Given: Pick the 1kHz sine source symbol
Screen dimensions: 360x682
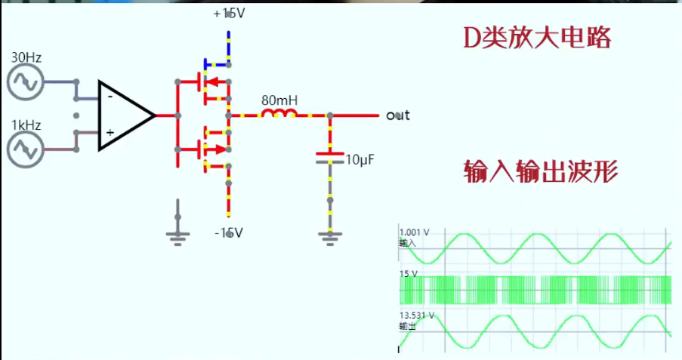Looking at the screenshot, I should pos(25,149).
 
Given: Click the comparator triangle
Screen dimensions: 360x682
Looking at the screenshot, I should pos(125,115).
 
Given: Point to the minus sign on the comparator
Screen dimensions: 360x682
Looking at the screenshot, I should pos(110,97).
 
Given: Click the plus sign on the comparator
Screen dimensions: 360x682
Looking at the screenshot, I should pos(110,133).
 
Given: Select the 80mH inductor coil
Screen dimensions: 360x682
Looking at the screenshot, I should pos(278,115).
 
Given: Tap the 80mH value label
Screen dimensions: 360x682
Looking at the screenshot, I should pos(279,100).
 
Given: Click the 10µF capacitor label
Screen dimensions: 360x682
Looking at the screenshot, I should pos(360,160).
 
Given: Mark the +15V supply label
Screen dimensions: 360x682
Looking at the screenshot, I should pos(230,14).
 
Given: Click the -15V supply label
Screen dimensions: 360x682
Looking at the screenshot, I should pos(228,232).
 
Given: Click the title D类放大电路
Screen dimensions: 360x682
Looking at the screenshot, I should pos(537,38).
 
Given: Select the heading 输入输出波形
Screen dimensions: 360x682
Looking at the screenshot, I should pos(541,173).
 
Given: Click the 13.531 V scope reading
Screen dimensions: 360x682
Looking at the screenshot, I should pos(418,315).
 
